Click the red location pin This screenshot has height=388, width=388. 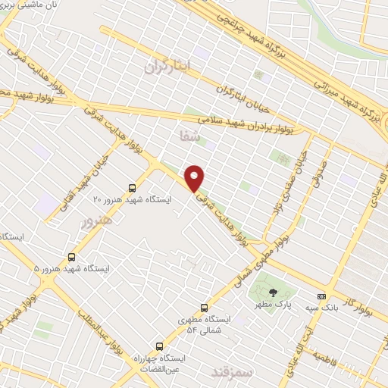(x=195, y=177)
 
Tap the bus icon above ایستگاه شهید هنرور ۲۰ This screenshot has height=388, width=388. (x=133, y=188)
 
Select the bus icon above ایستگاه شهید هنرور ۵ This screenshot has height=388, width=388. (x=72, y=257)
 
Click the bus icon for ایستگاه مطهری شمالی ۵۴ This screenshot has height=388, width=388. (x=204, y=308)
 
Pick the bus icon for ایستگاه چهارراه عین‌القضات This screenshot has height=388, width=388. (x=159, y=345)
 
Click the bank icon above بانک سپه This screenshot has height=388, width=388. (x=322, y=296)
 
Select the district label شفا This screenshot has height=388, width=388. (x=188, y=136)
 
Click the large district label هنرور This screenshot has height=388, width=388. (x=96, y=221)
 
